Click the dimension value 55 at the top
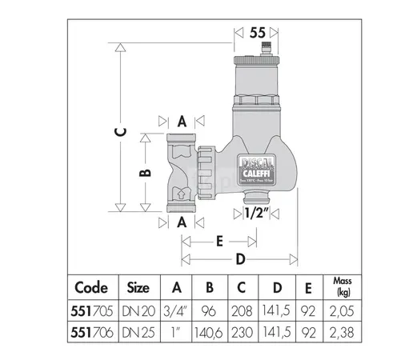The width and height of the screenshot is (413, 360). [257, 34]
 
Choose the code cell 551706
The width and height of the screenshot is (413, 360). [90, 328]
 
